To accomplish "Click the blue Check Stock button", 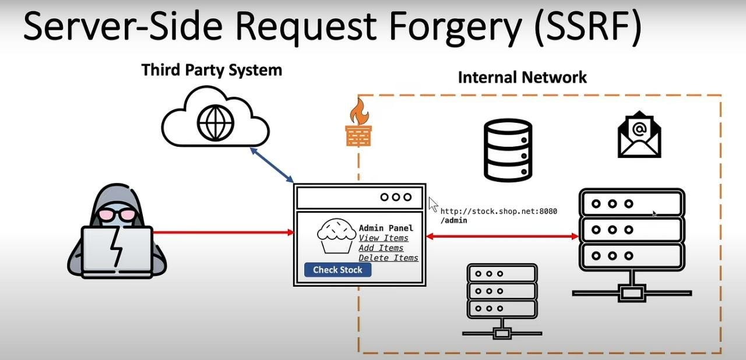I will coord(337,270).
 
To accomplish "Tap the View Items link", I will coord(383,238).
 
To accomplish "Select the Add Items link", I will coord(381,248).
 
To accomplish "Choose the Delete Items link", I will coord(388,258).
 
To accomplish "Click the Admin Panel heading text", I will coord(386,228).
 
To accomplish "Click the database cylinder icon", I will coord(508,150).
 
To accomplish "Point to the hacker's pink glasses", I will coord(117,214).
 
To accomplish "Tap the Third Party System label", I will coord(212,70).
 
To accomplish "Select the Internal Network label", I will coord(522,77).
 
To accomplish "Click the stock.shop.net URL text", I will coord(498,211).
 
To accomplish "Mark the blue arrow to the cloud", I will coord(272,165).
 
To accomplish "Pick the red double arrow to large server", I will coord(502,236).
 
